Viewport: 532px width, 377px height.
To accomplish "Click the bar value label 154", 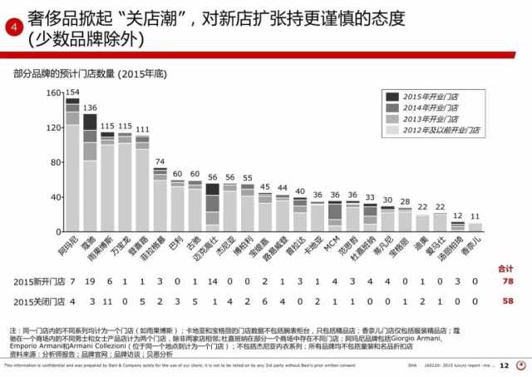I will (72, 92).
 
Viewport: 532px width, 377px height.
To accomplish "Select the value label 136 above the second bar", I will (90, 107).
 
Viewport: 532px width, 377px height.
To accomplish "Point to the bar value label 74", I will (160, 161).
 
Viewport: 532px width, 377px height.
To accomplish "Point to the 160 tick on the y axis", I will (52, 92).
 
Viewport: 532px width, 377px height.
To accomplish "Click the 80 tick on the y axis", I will (55, 161).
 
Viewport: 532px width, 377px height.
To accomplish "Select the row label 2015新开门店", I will (37, 281).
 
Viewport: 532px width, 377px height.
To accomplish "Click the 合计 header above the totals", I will (504, 269).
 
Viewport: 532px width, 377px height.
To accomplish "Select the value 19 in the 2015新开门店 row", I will (90, 281).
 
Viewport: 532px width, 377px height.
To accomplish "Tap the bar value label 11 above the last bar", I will (475, 216).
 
